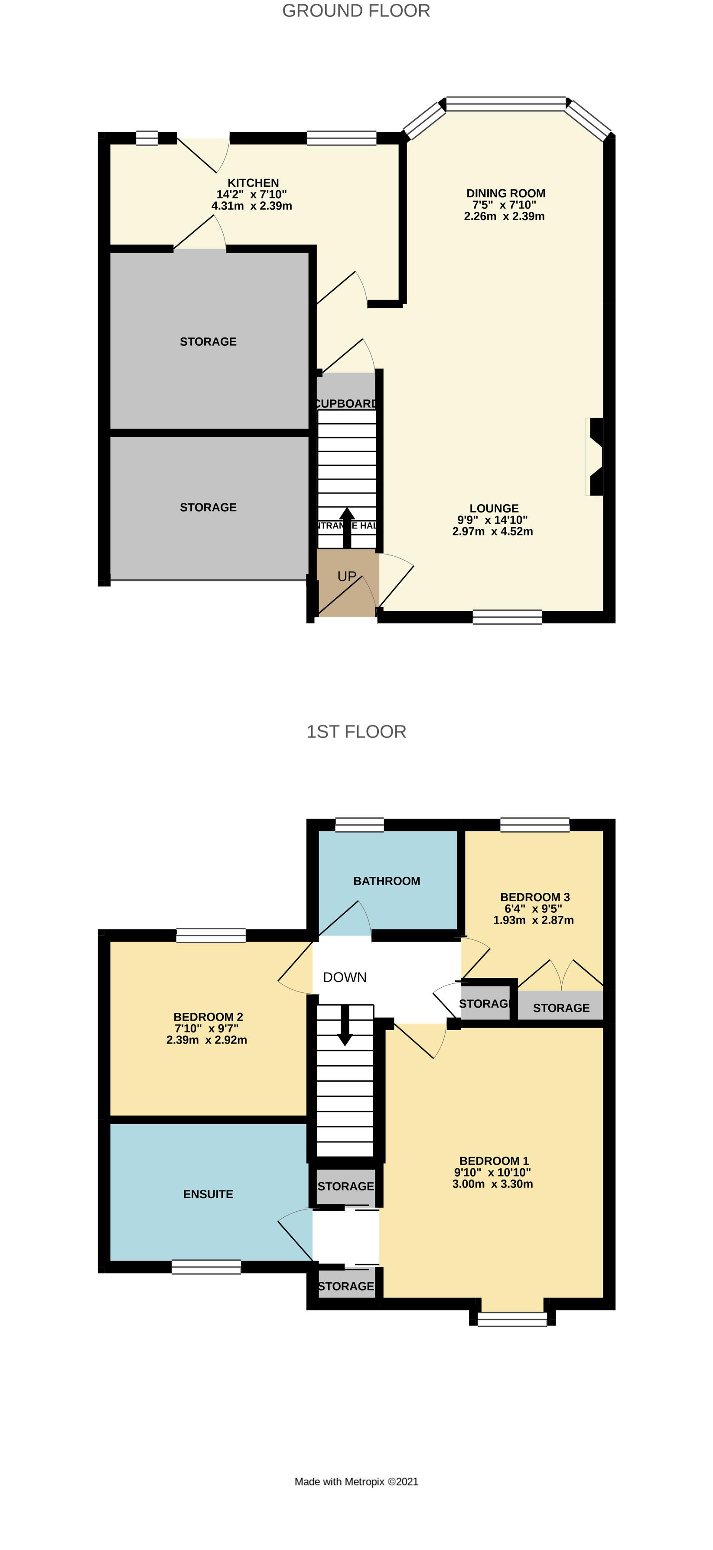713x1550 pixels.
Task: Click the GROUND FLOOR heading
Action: pos(356,11)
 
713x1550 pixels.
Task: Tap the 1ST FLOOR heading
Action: pos(356,732)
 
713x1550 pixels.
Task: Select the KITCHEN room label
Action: pos(253,183)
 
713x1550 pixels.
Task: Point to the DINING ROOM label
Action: pos(506,193)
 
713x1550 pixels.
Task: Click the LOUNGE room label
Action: pos(494,509)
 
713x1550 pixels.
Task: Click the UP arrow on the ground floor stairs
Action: pos(347,527)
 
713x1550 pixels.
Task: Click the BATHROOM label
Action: pos(387,881)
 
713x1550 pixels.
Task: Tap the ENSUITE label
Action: pos(208,1194)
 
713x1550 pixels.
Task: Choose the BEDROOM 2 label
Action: pos(208,1017)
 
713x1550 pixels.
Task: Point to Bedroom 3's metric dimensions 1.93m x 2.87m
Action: pos(533,920)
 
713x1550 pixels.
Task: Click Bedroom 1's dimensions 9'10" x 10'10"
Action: pos(492,1172)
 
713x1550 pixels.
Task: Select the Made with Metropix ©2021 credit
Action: pos(356,1482)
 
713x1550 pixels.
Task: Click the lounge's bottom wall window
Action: pos(507,617)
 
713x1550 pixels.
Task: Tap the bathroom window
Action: pos(359,824)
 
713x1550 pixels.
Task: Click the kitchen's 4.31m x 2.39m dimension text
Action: pos(252,206)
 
